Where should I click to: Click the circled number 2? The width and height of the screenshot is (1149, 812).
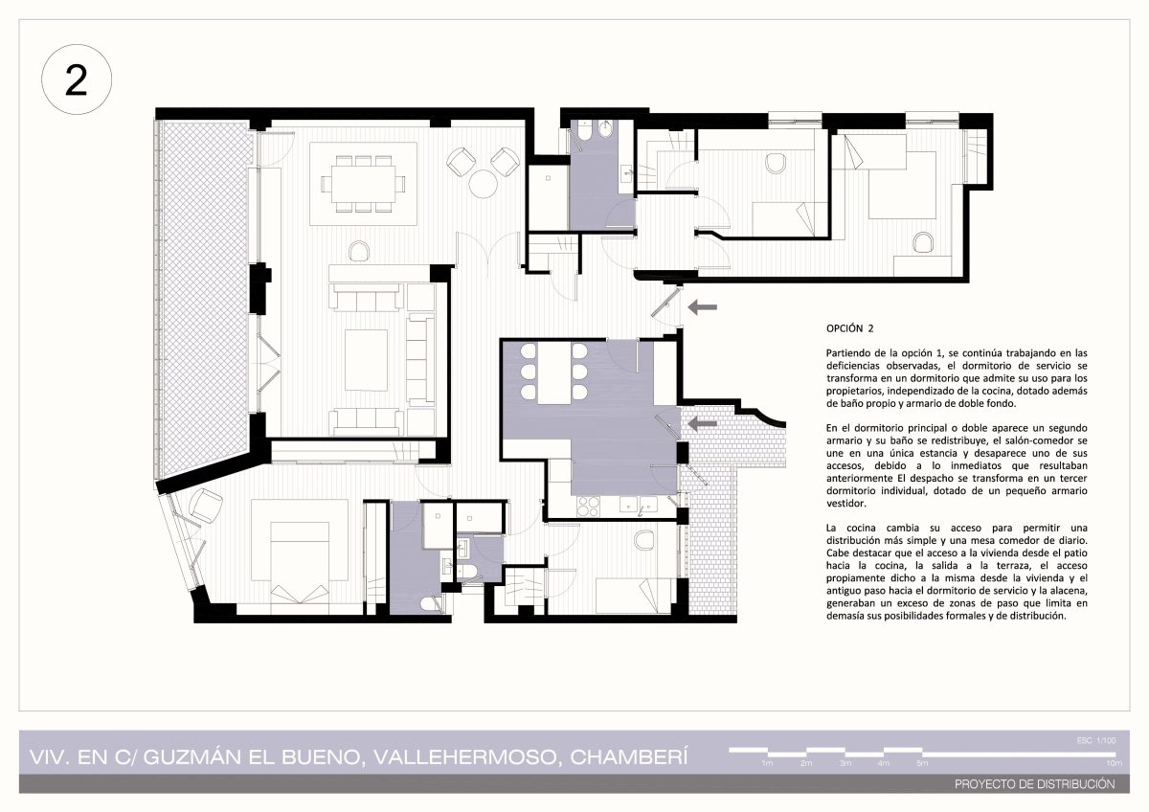click(77, 79)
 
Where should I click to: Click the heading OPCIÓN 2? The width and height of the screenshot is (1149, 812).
click(849, 328)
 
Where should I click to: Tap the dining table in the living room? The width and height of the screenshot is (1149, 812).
click(363, 184)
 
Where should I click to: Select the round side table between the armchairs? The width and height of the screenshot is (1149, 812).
click(483, 184)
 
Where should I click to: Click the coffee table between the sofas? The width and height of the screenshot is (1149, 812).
click(366, 360)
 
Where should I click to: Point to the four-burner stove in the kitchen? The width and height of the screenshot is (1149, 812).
click(588, 506)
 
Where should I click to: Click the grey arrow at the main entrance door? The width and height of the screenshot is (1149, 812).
click(702, 307)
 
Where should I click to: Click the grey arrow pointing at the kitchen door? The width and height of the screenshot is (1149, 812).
click(702, 423)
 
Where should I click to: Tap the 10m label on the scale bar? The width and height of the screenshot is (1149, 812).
click(1115, 763)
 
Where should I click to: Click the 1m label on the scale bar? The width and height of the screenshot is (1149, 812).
click(767, 763)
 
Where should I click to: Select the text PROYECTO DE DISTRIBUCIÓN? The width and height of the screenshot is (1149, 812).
click(1035, 784)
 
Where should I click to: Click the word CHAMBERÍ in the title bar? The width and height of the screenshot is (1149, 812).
click(629, 757)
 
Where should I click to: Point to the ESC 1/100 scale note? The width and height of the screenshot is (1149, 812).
click(1096, 741)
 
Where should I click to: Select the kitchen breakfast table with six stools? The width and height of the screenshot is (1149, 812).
click(554, 372)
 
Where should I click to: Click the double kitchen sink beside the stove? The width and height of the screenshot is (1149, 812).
click(638, 505)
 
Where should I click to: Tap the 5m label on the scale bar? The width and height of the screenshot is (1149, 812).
click(922, 763)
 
